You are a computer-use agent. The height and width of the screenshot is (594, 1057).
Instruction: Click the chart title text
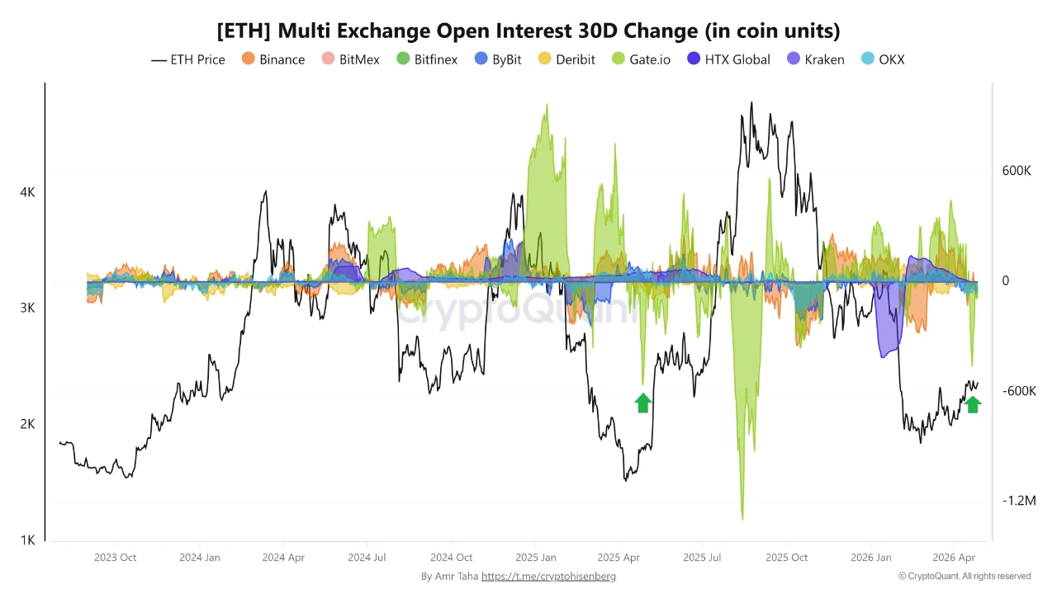[x=528, y=31]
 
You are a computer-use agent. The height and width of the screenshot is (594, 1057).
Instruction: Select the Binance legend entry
[x=273, y=59]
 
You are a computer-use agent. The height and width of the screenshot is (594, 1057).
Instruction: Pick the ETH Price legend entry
[x=188, y=59]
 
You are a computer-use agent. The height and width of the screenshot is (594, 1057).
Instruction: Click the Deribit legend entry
[x=566, y=59]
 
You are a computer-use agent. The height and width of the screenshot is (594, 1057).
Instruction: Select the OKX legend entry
[x=883, y=59]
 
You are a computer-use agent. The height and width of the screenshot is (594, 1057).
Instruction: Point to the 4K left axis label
[x=27, y=192]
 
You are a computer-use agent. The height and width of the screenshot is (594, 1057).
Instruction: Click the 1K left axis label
[x=27, y=540]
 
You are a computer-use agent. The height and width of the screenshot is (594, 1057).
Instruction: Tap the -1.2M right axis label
[x=1018, y=501]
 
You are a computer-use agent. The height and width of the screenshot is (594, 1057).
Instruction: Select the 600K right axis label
[x=1017, y=171]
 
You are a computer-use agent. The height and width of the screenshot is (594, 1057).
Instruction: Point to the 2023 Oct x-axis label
[x=116, y=557]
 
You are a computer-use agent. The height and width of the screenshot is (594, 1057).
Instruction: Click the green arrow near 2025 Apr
[x=643, y=403]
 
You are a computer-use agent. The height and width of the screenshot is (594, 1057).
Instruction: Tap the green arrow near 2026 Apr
[x=973, y=403]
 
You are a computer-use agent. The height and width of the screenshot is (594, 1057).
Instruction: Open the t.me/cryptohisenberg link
[x=548, y=577]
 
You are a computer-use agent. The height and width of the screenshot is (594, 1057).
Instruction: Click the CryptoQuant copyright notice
[x=964, y=577]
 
